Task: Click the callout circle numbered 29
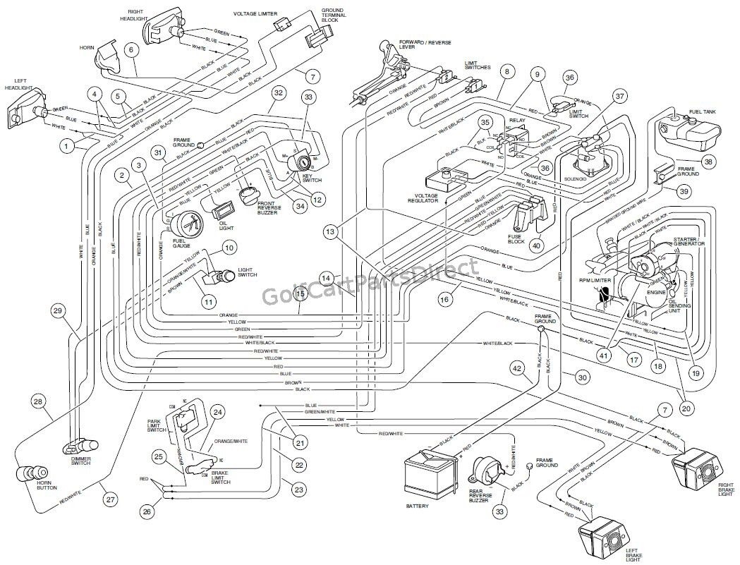click(x=58, y=310)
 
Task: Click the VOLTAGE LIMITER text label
click(x=255, y=13)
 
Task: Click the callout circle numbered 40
click(x=537, y=245)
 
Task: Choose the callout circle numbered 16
click(x=444, y=300)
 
